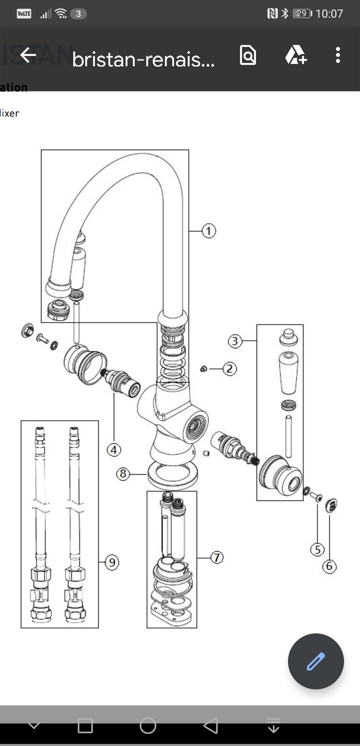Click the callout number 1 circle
208,231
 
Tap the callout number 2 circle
229,369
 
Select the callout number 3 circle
235,341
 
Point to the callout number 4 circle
114,450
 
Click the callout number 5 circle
318,550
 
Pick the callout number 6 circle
329,566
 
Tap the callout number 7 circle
216,557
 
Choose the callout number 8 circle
123,474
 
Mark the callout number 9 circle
112,562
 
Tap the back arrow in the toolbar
28,55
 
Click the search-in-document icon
248,55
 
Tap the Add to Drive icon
296,55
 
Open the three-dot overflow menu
338,55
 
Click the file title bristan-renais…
143,60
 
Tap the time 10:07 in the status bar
329,14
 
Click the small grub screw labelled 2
203,369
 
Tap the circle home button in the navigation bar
148,725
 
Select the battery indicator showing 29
302,14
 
